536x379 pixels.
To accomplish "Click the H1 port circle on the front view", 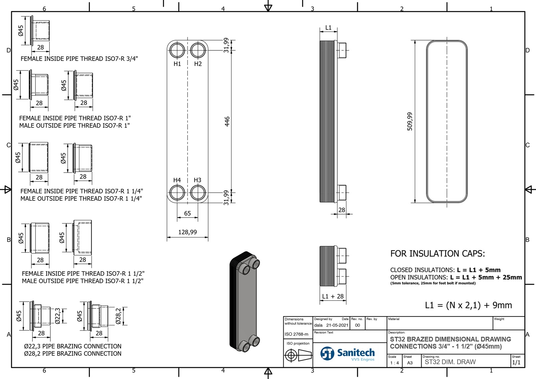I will [x=177, y=50].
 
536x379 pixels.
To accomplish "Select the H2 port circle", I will [x=198, y=50].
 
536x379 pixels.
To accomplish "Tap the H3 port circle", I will [x=198, y=193].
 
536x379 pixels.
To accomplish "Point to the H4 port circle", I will [x=177, y=193].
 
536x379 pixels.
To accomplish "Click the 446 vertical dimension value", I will [x=227, y=121].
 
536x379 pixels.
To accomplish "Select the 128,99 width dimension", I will [x=188, y=232].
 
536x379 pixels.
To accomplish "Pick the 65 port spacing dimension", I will [x=188, y=213].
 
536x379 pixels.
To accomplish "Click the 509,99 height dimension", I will [x=410, y=121].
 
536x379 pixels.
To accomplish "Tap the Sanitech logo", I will [x=348, y=354].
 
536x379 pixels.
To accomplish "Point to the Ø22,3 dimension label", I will [x=58, y=316].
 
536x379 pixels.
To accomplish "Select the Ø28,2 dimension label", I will [x=118, y=316].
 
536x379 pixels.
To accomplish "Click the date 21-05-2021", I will [x=337, y=325].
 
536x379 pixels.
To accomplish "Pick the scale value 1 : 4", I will [x=394, y=363].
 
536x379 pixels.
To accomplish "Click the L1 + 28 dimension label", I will [x=333, y=296].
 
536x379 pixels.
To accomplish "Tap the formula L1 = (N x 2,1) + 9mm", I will [x=468, y=305].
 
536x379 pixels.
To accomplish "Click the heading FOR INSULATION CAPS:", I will [x=438, y=254].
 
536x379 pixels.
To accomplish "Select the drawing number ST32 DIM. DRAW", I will [x=450, y=362].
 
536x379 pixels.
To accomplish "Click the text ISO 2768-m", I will [x=296, y=334].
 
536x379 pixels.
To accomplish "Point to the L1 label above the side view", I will [x=328, y=28].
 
